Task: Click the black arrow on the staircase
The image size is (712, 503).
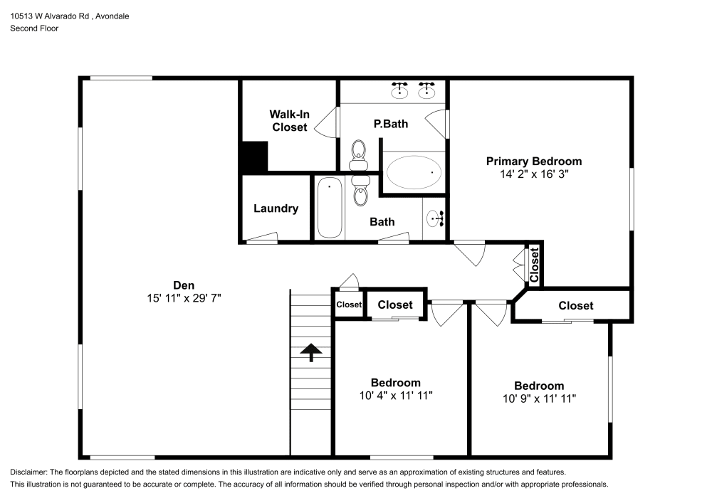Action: point(311,352)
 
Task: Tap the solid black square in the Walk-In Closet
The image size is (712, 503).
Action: point(253,157)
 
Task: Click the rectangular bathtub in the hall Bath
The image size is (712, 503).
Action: point(329,207)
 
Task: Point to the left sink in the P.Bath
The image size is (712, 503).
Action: point(400,90)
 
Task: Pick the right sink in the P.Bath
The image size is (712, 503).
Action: point(427,90)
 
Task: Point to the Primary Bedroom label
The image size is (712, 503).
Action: point(533,161)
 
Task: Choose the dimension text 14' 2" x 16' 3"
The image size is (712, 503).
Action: point(533,174)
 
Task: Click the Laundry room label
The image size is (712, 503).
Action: point(276,208)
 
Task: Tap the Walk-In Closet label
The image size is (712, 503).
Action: point(289,120)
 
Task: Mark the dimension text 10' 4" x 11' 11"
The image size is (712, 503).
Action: point(395,395)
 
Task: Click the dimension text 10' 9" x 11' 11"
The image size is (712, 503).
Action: point(539,398)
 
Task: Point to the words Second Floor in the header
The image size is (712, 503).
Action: point(34,28)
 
